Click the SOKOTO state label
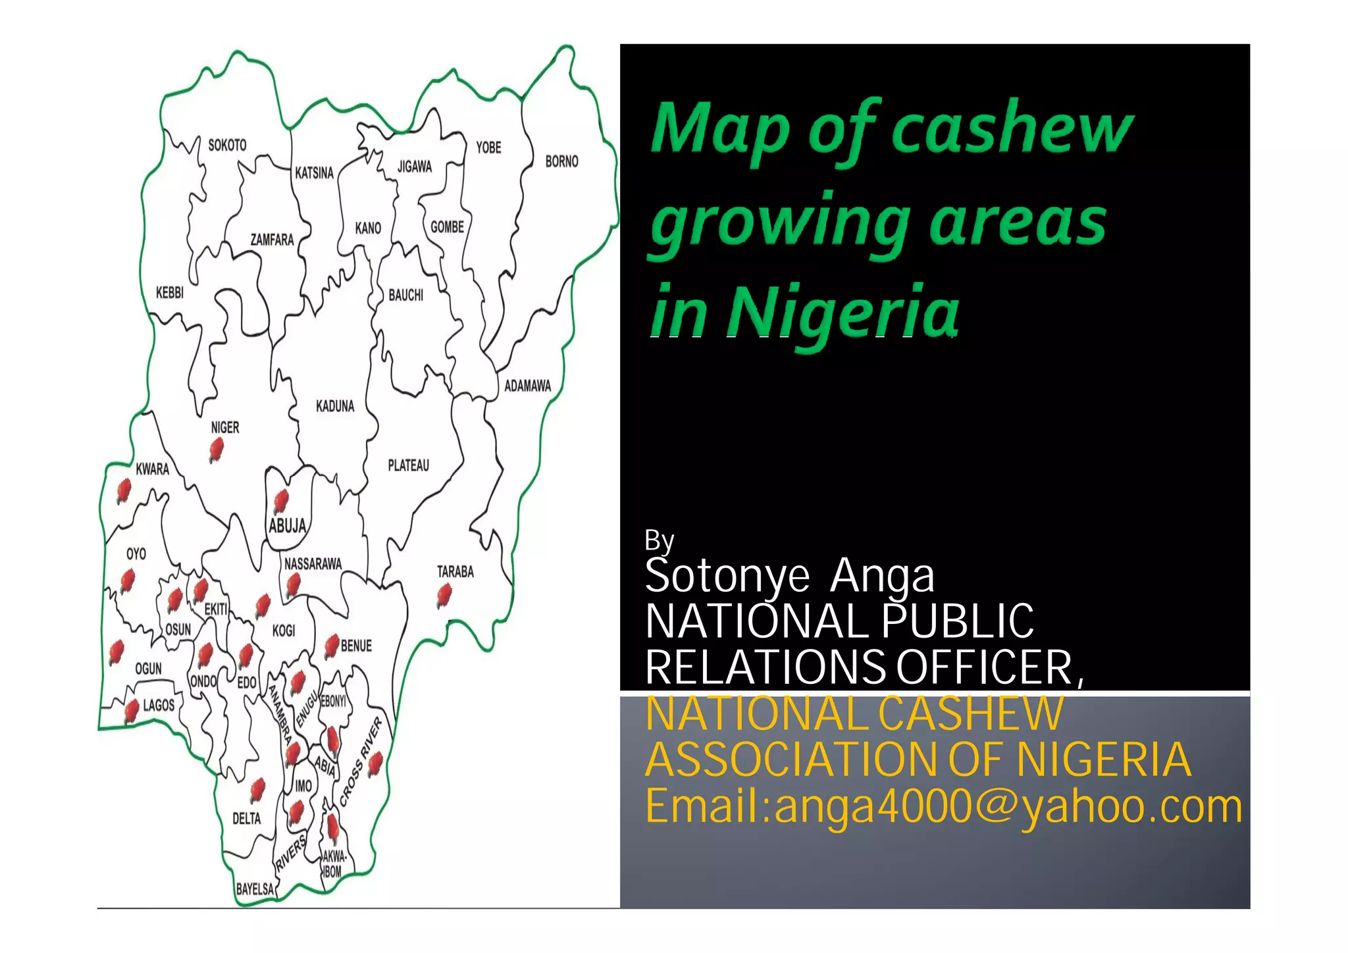coord(227,145)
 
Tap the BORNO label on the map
coord(561,161)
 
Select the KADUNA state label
coord(335,406)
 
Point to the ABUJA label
coord(288,526)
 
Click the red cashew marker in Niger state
coord(216,450)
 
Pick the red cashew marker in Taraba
coord(444,596)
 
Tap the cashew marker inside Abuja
coord(281,501)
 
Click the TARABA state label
coord(455,571)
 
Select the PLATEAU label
coord(408,466)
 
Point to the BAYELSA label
coord(255,889)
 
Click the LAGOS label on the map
coord(159,706)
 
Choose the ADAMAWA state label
coord(527,386)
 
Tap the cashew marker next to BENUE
coord(332,645)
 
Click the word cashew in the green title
coord(1012,128)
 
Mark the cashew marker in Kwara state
coord(123,490)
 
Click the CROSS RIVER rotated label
coord(361,761)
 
